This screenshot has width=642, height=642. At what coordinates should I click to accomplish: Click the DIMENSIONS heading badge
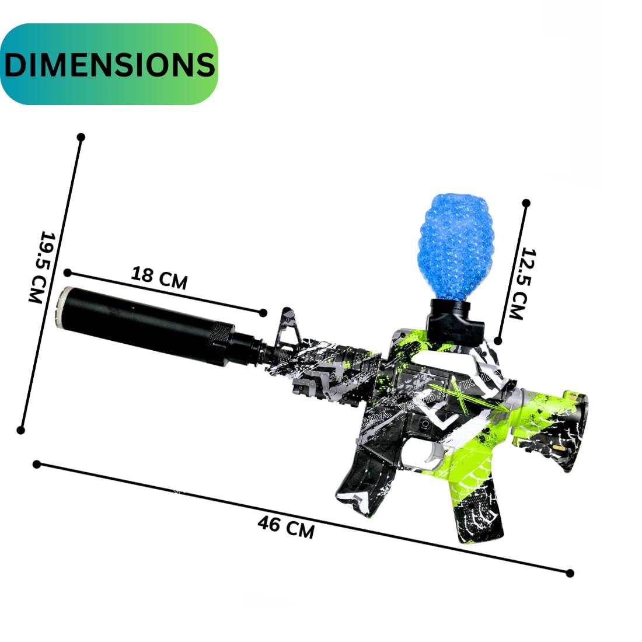[x=109, y=64]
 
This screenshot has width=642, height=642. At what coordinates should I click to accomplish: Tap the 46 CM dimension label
[x=285, y=528]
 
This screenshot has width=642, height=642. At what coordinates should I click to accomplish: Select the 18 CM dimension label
[x=159, y=278]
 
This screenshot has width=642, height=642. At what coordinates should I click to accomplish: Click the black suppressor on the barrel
[x=146, y=324]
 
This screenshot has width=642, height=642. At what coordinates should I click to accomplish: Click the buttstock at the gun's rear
[x=552, y=426]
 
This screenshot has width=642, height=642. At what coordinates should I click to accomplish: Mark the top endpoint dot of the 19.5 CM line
[x=81, y=137]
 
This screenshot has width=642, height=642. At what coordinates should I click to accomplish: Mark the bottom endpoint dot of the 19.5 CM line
[x=21, y=430]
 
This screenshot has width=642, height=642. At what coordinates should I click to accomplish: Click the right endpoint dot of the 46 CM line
[x=570, y=573]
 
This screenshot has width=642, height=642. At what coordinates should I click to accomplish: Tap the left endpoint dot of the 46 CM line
[x=37, y=465]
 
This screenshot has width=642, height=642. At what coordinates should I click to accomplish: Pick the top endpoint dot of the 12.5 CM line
[x=526, y=203]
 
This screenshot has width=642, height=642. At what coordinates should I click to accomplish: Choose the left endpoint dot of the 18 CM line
[x=68, y=273]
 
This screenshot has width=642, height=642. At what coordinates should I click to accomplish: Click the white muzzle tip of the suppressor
[x=61, y=308]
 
